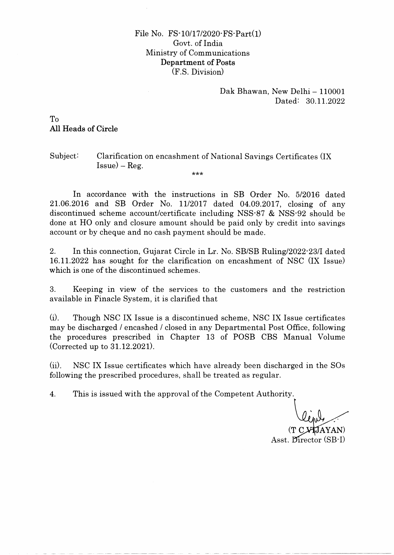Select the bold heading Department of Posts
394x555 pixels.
pos(198,63)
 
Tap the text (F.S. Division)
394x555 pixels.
pos(198,72)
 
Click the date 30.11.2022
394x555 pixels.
pos(325,101)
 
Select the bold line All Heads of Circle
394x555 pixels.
pos(84,129)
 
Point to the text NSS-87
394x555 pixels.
pos(250,213)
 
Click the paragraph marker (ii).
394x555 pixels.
pos(55,366)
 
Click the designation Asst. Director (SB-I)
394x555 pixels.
pos(308,440)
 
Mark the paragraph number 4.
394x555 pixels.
pos(53,394)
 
